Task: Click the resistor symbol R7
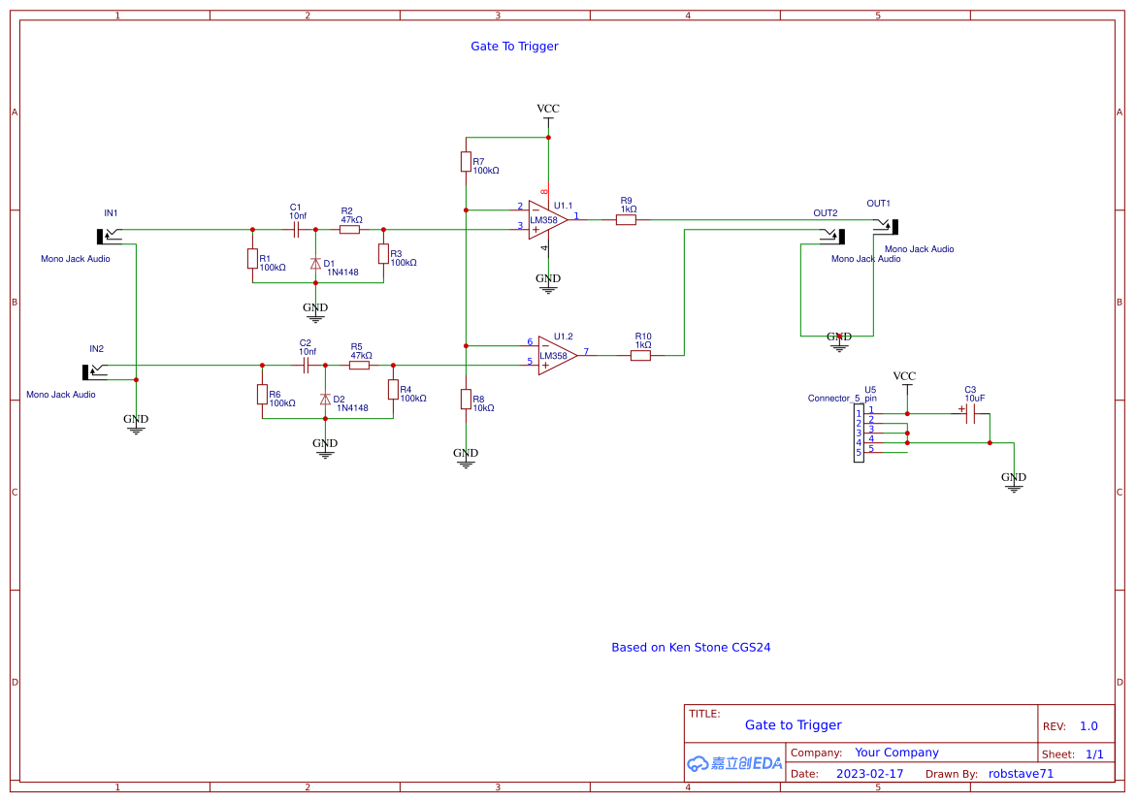[x=466, y=161]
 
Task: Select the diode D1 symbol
[x=315, y=264]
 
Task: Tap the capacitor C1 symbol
[x=296, y=230]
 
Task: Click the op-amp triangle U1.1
[x=546, y=219]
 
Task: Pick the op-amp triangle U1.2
[x=556, y=355]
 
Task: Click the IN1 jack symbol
[x=108, y=235]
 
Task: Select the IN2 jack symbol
[x=93, y=370]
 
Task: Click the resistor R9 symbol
[x=626, y=220]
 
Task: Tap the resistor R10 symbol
[x=640, y=356]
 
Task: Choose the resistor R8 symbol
[x=466, y=400]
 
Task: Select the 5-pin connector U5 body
[x=859, y=433]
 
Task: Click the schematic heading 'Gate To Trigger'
[x=514, y=47]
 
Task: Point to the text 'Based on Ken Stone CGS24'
[x=691, y=648]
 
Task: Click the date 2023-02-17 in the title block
[x=869, y=774]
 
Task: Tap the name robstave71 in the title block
[x=1021, y=774]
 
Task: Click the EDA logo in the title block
[x=734, y=763]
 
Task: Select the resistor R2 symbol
[x=349, y=230]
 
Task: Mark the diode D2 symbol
[x=325, y=400]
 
